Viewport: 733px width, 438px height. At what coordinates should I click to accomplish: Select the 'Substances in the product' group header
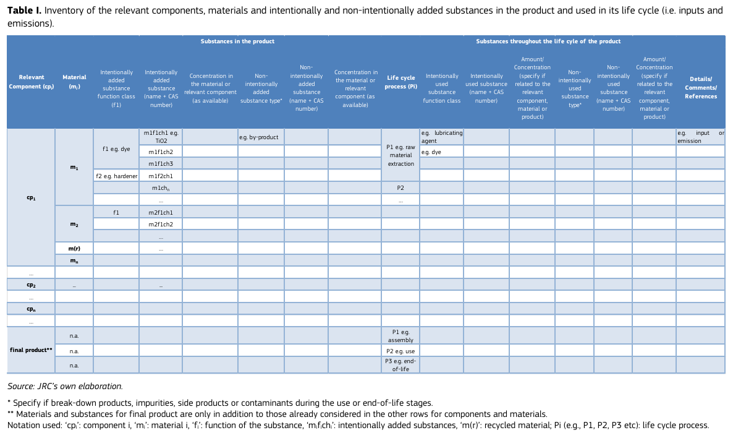point(237,41)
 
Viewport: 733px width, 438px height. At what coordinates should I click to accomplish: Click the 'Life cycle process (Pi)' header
point(400,82)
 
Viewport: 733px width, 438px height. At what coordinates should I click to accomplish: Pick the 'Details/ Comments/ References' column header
point(700,87)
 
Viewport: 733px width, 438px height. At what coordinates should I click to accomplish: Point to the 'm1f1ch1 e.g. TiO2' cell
point(161,137)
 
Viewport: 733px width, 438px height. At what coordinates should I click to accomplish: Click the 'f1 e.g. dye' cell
point(116,149)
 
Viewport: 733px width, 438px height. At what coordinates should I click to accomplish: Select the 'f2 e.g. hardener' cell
point(116,176)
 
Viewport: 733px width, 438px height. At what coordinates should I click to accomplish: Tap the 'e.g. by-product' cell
point(261,137)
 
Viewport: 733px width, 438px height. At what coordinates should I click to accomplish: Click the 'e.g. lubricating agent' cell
point(441,137)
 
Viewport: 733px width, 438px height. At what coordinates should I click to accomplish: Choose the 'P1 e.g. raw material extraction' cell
point(400,155)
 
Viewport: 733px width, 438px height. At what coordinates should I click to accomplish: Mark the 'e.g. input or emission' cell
point(700,137)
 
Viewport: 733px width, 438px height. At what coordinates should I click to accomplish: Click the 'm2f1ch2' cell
point(161,224)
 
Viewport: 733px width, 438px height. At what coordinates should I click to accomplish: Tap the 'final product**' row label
point(31,350)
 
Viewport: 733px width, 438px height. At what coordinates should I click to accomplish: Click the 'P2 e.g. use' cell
point(400,351)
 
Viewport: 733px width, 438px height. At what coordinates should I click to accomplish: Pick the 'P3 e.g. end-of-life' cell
point(400,365)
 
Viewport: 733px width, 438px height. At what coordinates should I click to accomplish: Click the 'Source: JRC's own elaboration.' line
point(61,386)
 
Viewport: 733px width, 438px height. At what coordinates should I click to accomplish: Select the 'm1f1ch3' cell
point(161,163)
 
